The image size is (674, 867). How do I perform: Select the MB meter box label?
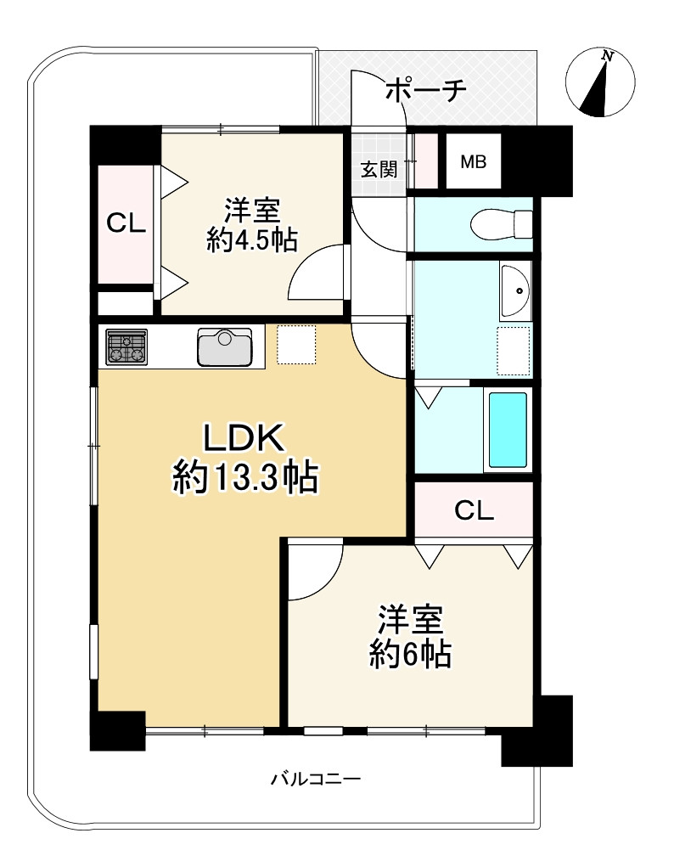[x=473, y=161]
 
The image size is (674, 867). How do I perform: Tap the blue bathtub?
[x=508, y=430]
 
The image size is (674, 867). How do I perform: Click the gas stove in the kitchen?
[x=126, y=346]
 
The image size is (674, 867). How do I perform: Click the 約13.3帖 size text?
[x=245, y=480]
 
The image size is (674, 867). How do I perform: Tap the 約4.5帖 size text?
[x=251, y=240]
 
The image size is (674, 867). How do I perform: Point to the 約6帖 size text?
[x=409, y=654]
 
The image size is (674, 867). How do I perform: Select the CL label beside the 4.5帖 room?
[x=126, y=223]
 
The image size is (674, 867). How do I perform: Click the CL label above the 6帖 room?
[x=473, y=510]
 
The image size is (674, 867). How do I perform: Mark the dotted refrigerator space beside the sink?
[x=296, y=345]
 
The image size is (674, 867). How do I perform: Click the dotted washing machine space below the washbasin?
[x=514, y=351]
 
